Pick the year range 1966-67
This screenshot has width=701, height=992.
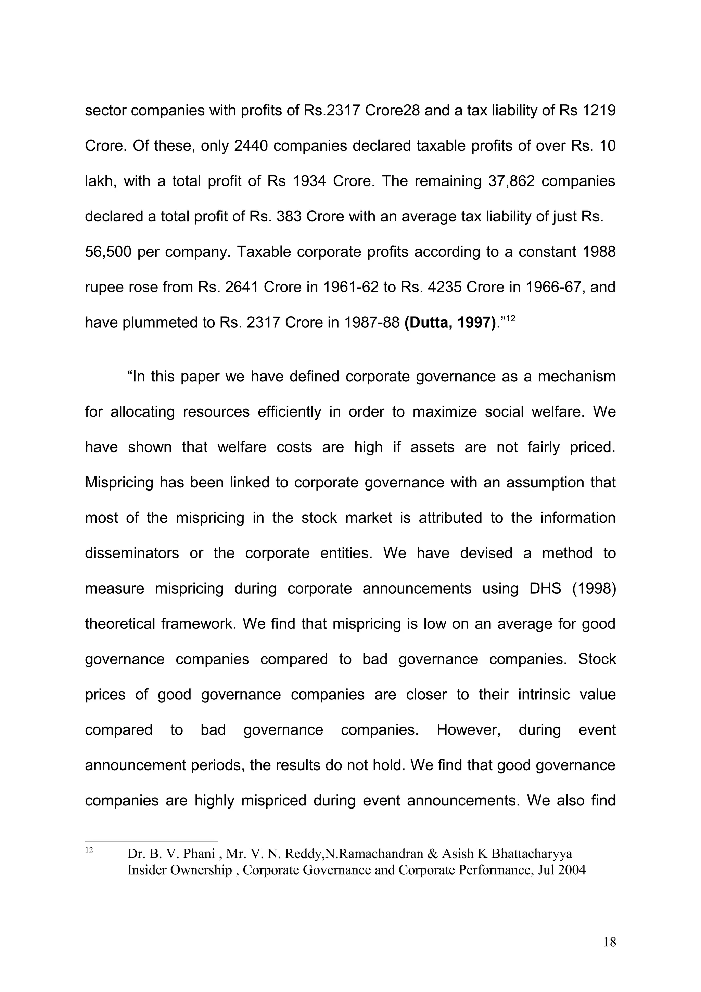pyautogui.click(x=555, y=287)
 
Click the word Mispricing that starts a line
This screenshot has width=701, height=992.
pyautogui.click(x=119, y=482)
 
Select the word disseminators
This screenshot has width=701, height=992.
pyautogui.click(x=132, y=553)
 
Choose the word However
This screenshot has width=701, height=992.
pyautogui.click(x=468, y=730)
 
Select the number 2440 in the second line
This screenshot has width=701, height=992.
pyautogui.click(x=251, y=146)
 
